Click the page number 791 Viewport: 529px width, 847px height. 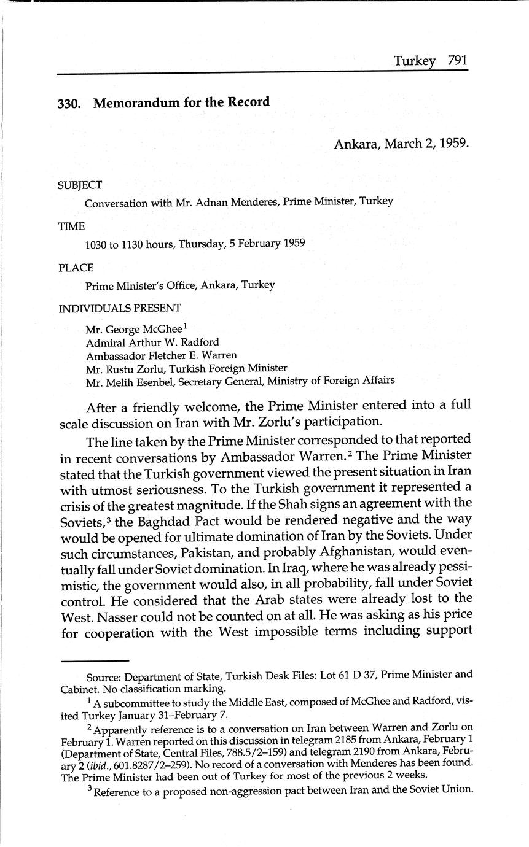tap(458, 60)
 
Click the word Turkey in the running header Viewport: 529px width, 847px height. tap(415, 60)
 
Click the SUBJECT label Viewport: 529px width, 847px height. tap(80, 185)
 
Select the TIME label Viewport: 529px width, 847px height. tap(71, 226)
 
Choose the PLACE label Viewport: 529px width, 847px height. tap(76, 268)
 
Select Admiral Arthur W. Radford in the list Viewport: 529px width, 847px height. tap(152, 342)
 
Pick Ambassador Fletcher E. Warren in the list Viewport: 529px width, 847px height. tap(161, 355)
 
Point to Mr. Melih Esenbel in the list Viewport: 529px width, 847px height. tap(130, 381)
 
